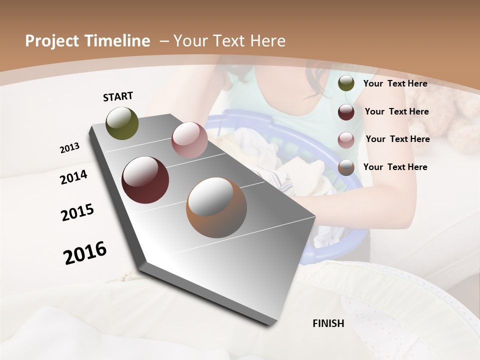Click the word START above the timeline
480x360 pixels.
point(118,96)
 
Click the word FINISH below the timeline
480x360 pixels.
point(328,323)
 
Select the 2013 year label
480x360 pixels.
point(69,147)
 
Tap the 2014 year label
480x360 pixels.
point(73,177)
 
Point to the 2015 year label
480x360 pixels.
point(77,212)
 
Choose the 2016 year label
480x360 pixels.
point(85,252)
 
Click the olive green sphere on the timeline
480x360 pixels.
point(122,123)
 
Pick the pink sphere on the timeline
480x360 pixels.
point(189,140)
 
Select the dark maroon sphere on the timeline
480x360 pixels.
point(145,180)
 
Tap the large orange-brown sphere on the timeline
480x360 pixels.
point(216,207)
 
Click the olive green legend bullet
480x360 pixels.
point(346,83)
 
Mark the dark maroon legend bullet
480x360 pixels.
point(346,112)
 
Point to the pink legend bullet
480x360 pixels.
point(346,140)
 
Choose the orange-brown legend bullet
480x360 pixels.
point(346,168)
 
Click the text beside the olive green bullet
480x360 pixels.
point(395,83)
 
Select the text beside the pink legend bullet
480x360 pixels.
point(397,139)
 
